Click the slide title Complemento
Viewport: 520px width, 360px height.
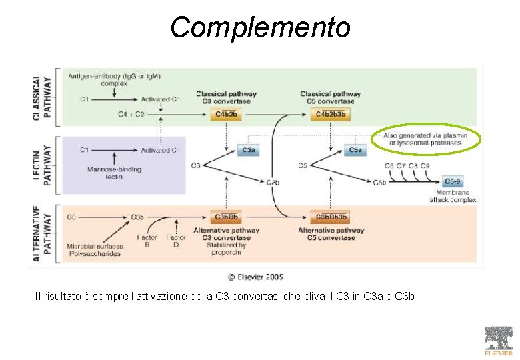click(x=260, y=27)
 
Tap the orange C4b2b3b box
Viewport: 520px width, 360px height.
click(x=330, y=115)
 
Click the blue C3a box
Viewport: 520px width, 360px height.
click(x=248, y=150)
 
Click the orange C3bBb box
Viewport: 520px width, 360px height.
click(x=225, y=217)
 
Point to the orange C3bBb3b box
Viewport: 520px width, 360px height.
click(x=331, y=217)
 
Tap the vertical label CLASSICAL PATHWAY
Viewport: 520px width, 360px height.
click(x=41, y=97)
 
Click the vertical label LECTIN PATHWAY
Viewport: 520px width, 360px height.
click(x=41, y=165)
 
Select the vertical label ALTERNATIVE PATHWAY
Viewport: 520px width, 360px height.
click(x=41, y=233)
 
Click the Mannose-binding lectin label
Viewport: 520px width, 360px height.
click(x=114, y=173)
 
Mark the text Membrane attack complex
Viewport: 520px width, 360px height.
click(x=453, y=196)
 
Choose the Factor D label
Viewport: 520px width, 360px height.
click(x=176, y=241)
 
